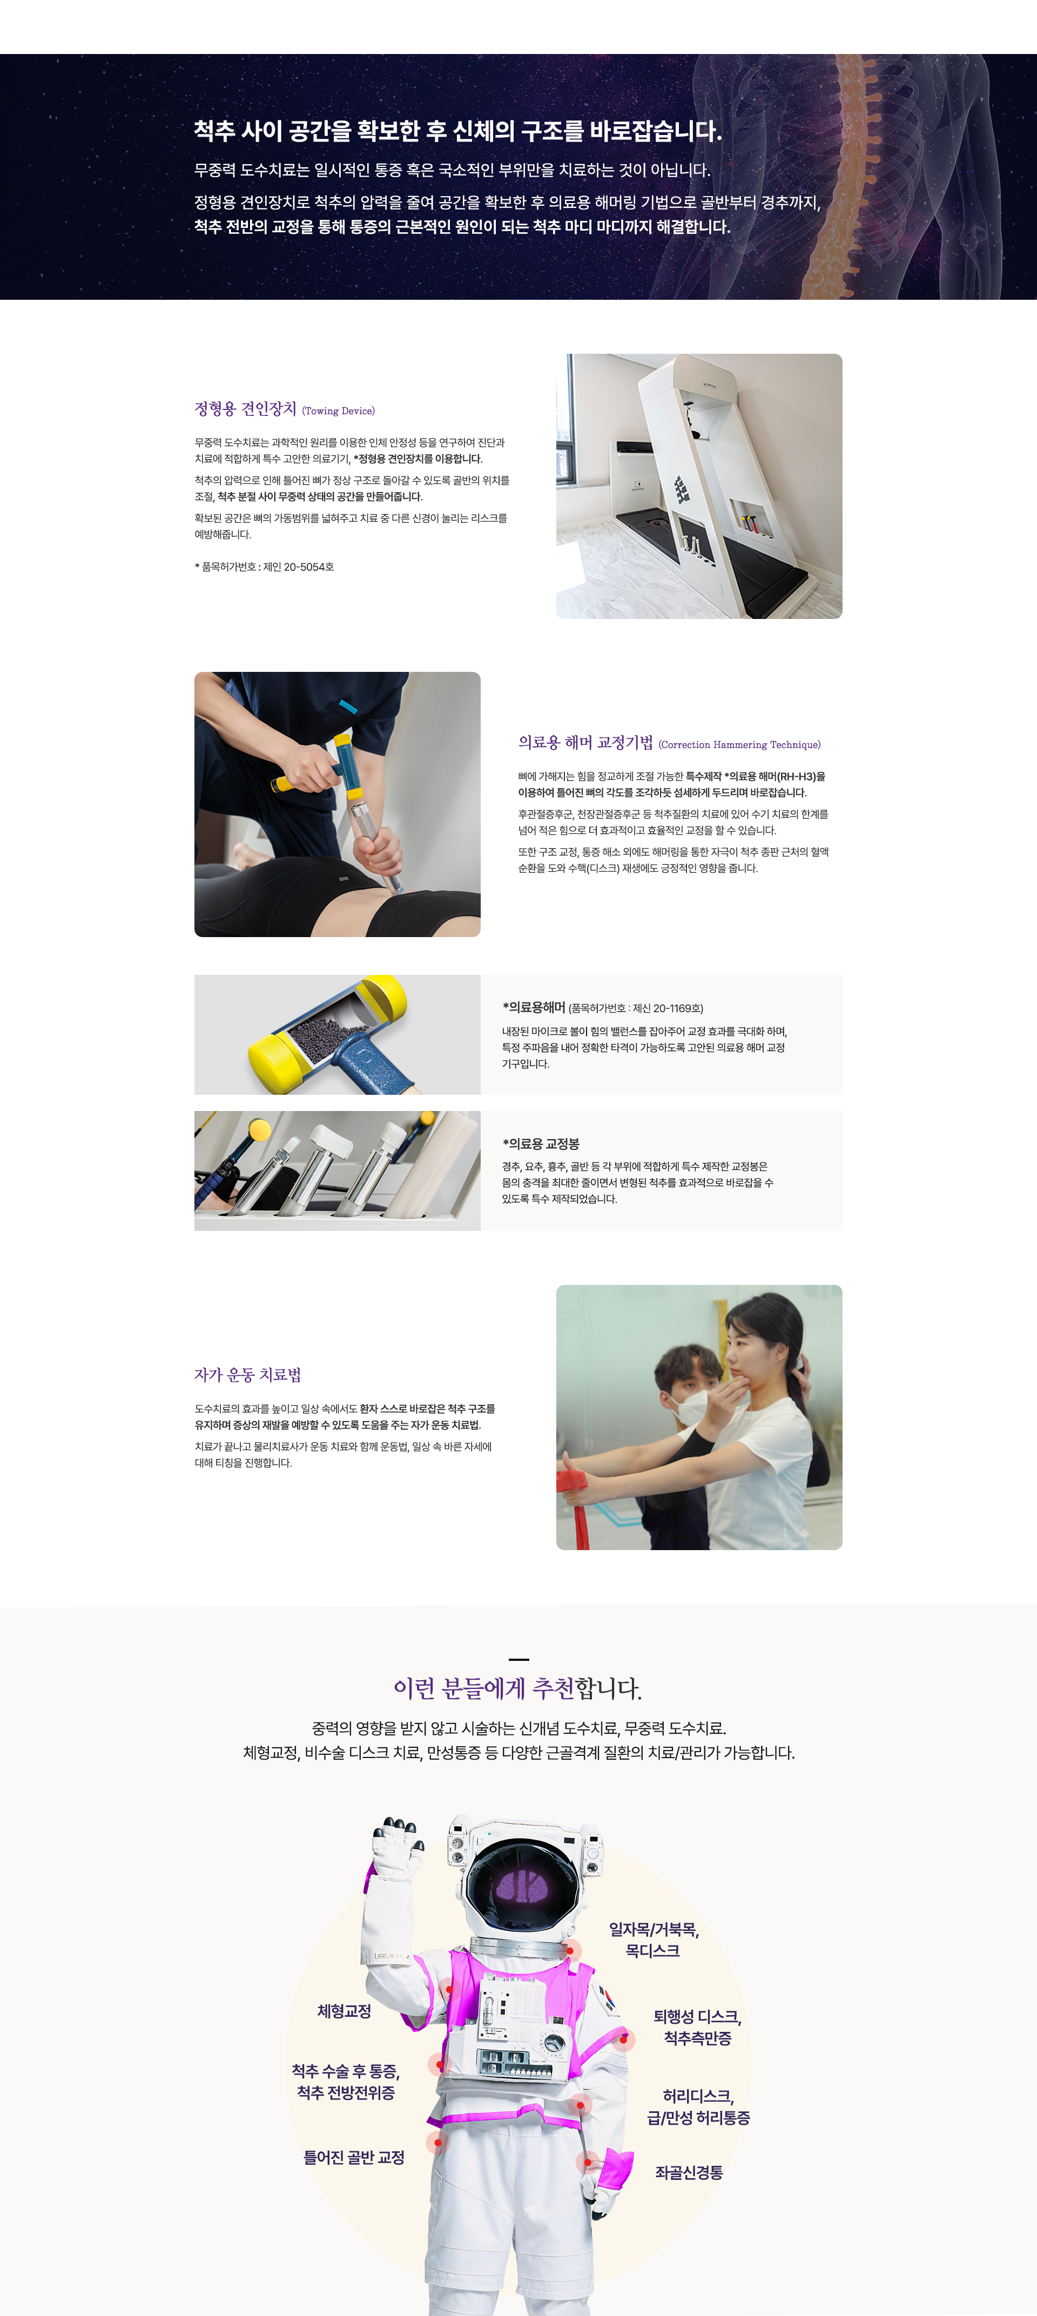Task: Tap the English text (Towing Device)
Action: click(338, 411)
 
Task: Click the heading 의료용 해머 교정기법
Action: click(585, 743)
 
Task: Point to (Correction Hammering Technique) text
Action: click(739, 744)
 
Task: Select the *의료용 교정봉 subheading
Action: click(541, 1143)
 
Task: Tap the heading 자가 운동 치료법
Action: click(247, 1375)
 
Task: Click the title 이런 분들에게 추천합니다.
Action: click(518, 1688)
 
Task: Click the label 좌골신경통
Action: click(689, 2172)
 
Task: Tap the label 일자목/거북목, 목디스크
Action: click(654, 1940)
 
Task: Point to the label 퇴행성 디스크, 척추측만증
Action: click(697, 2028)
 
